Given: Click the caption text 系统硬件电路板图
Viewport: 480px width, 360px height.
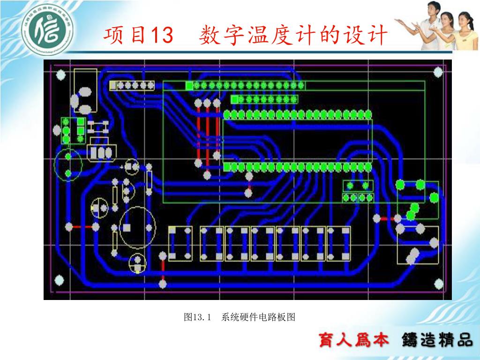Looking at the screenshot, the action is point(258,317).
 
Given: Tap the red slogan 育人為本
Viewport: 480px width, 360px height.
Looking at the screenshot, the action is point(354,340).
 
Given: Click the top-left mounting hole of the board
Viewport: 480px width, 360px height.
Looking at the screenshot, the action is point(60,75).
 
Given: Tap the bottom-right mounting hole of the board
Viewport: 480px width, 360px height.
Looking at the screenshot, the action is point(438,284).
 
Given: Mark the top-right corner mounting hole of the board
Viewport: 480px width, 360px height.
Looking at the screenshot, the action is point(438,72).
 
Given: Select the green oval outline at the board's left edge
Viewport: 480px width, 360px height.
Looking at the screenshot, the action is point(68,165).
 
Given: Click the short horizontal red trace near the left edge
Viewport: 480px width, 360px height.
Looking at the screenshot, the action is point(82,227).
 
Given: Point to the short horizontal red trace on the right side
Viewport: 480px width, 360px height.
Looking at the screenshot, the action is point(387,218).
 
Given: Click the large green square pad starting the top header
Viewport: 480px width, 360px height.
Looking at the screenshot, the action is point(189,85).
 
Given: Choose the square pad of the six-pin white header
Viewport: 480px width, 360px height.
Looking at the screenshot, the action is point(113,85).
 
